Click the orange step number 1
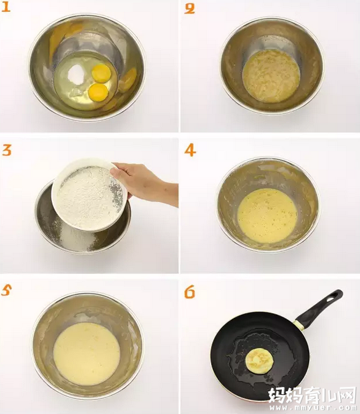coord(6,7)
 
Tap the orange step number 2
coord(190,9)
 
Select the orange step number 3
coord(7,150)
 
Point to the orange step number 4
coord(190,151)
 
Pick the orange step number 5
coord(6,290)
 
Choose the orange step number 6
coord(190,292)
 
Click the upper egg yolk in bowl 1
coord(102,73)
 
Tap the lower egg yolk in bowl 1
coord(98,92)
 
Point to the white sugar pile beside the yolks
coord(76,74)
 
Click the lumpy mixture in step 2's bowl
coord(271,76)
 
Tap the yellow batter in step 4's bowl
coord(267,215)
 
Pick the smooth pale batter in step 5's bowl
coord(87,354)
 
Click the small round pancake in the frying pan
coord(259,360)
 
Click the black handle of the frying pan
coord(319,308)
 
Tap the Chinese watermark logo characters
coord(313,395)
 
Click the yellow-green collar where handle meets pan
coord(299,325)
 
